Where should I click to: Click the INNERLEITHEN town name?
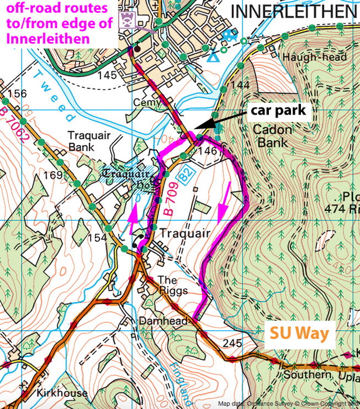(293, 12)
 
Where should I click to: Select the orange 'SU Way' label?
(299, 334)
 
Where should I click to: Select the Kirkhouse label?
(60, 393)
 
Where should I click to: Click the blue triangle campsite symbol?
(214, 57)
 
